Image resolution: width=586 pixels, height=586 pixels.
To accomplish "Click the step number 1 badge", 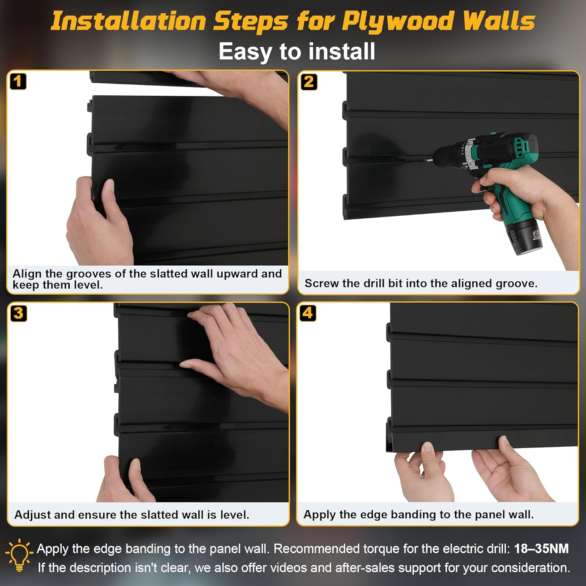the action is coord(18,82).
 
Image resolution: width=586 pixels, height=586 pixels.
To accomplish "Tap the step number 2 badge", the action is coord(309,82).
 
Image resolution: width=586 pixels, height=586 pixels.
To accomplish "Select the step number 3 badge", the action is coord(18,313).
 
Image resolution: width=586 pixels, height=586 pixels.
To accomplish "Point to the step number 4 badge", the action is coord(308,313).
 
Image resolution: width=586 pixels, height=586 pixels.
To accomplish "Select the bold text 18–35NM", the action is coord(541,548).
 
